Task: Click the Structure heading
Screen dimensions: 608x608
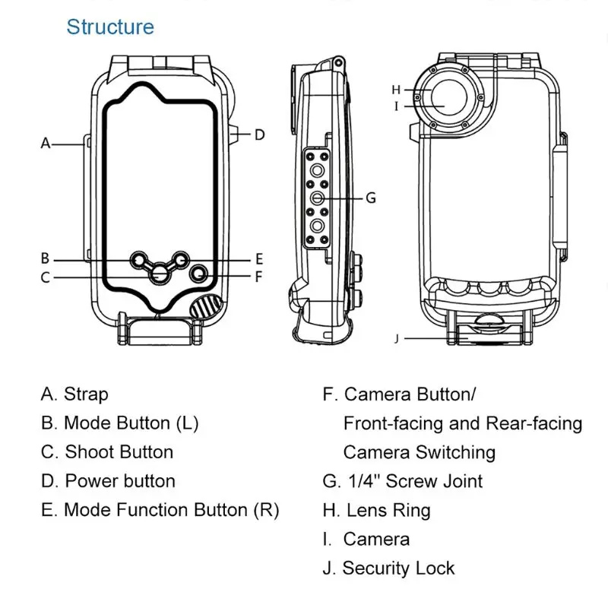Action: tap(110, 27)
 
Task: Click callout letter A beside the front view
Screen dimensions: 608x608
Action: tap(46, 142)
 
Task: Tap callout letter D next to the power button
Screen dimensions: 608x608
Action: tap(259, 135)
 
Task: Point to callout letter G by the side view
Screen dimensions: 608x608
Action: tap(371, 198)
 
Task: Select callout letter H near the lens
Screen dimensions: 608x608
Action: tap(396, 90)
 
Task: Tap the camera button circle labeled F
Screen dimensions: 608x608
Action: tap(198, 273)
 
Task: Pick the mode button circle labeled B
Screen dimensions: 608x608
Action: tap(139, 260)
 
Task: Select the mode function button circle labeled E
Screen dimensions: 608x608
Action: tap(180, 260)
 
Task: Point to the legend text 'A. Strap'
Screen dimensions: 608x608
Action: tap(74, 394)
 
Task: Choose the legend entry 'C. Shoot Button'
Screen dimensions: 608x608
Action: tap(107, 452)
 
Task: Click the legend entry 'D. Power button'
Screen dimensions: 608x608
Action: tap(108, 481)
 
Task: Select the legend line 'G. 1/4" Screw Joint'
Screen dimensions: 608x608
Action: tap(402, 481)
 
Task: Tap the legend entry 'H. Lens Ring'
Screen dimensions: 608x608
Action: tap(376, 510)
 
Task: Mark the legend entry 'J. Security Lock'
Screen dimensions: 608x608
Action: tap(388, 568)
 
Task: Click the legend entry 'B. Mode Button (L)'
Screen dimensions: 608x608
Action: tap(119, 423)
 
